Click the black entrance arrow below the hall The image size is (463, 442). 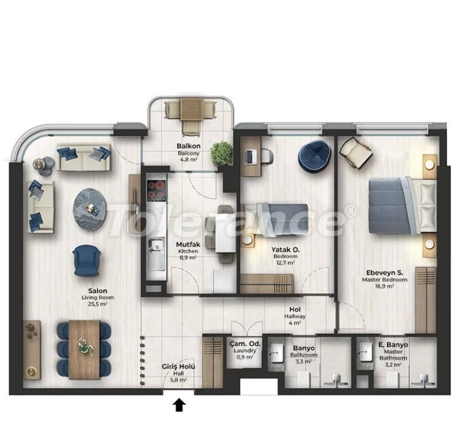pyautogui.click(x=179, y=405)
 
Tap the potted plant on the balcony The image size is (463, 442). pyautogui.click(x=221, y=153)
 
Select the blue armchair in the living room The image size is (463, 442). pyautogui.click(x=86, y=260)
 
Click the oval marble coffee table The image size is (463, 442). pyautogui.click(x=90, y=208)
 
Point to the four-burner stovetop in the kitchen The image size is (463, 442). pyautogui.click(x=156, y=190)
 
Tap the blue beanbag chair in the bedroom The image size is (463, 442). pyautogui.click(x=313, y=155)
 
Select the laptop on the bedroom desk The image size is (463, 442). pyautogui.click(x=250, y=157)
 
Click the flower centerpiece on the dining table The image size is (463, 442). pyautogui.click(x=85, y=345)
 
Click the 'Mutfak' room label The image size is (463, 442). pyautogui.click(x=188, y=245)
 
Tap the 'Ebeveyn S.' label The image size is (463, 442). pyautogui.click(x=384, y=273)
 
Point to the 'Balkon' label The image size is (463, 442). pyautogui.click(x=189, y=146)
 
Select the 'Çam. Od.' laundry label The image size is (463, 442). pyautogui.click(x=245, y=344)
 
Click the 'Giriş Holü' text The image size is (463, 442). pyautogui.click(x=178, y=367)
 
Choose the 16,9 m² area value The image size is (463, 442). pyautogui.click(x=384, y=286)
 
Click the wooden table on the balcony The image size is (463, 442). pyautogui.click(x=192, y=109)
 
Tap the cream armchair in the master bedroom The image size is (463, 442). pyautogui.click(x=355, y=152)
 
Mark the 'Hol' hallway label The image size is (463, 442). pyautogui.click(x=294, y=309)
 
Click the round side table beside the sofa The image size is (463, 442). pyautogui.click(x=43, y=166)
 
